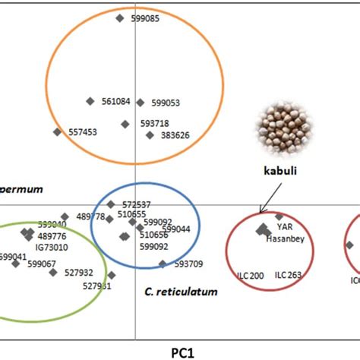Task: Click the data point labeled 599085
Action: (119, 18)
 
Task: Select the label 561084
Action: (115, 101)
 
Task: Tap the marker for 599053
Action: (141, 103)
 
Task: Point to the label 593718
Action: (154, 123)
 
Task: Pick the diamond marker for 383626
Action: (150, 135)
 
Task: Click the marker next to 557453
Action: (57, 132)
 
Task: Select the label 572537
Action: (137, 205)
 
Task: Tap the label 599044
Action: (176, 229)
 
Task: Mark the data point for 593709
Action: (163, 264)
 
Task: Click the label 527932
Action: (79, 272)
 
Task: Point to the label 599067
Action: (42, 264)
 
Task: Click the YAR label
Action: (284, 226)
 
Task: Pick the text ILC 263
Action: (289, 275)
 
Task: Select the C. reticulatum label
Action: (181, 291)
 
